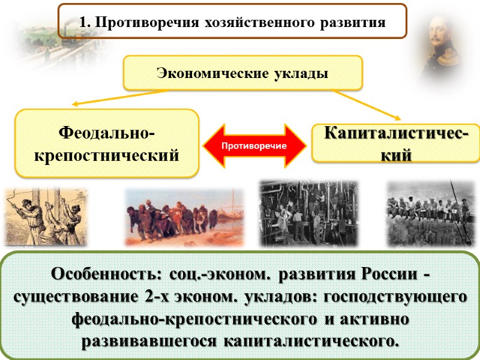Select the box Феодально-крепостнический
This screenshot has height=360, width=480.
[x=107, y=143]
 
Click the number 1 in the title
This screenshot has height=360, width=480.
[x=83, y=23]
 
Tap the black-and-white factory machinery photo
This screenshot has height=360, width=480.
[x=308, y=213]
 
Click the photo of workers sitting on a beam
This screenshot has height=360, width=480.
[x=431, y=213]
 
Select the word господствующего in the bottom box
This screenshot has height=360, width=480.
[x=395, y=298]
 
